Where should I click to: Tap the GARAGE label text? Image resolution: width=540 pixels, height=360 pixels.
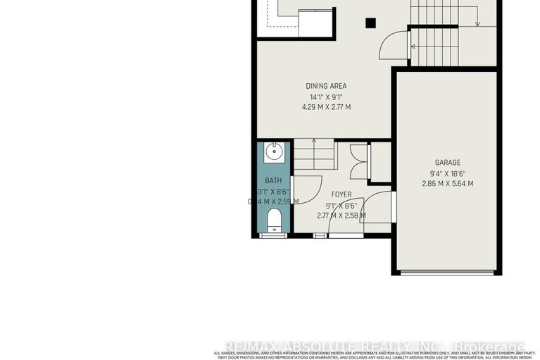point(447,163)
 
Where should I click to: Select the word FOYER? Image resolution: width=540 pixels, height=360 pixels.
point(341,194)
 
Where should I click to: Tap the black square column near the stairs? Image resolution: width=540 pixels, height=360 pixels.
point(370,23)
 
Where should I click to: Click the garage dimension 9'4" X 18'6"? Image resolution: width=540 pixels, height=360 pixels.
point(447,173)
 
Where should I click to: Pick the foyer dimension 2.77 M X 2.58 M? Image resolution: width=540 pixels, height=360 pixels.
point(341,215)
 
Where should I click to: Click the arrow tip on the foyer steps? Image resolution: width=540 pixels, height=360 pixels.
point(313,141)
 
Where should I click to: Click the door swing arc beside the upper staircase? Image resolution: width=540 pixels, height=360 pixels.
point(391,46)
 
